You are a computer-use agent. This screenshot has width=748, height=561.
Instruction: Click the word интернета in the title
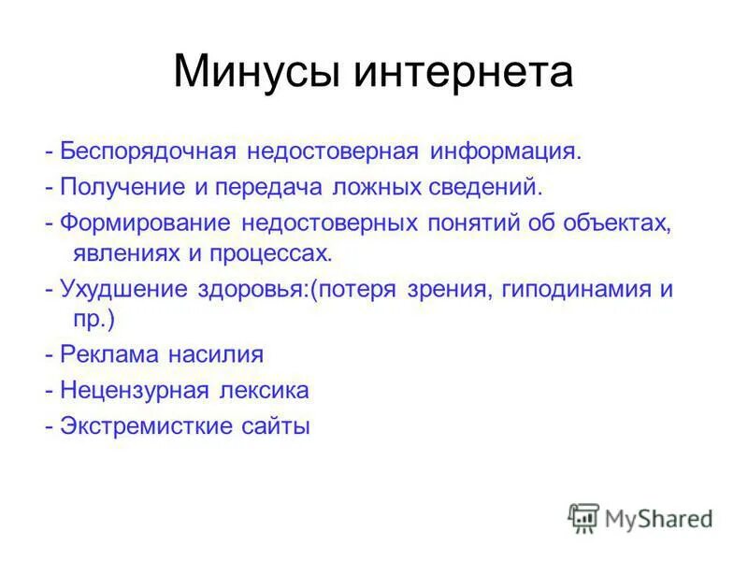click(463, 72)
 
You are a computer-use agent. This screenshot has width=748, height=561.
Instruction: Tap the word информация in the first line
click(506, 151)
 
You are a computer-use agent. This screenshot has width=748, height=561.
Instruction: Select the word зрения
click(445, 289)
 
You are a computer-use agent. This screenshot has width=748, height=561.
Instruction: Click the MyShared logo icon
click(583, 517)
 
